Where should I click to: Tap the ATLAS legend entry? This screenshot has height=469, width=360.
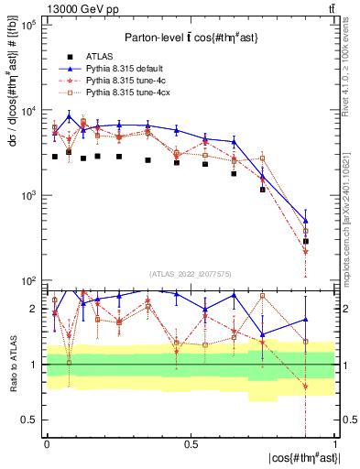tap(99, 56)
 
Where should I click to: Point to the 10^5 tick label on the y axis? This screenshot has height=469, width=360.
tap(28, 26)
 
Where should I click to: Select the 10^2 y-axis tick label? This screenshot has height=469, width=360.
tap(28, 280)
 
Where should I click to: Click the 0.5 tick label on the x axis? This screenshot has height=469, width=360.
tap(191, 442)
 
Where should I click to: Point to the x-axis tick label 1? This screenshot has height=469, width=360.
tap(334, 442)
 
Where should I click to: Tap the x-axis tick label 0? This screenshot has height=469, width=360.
tap(47, 442)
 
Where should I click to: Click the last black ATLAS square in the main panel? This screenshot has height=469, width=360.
tap(306, 241)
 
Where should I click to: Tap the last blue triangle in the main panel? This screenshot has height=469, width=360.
tap(306, 221)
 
